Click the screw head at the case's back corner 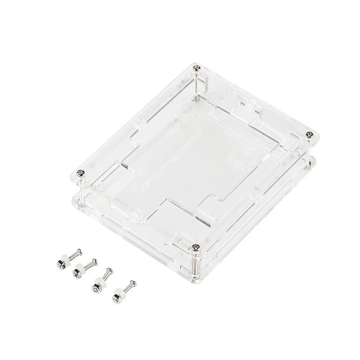coord(197,68)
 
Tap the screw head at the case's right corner coord(309,134)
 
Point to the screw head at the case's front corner coord(195,247)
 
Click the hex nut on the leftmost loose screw coord(59,262)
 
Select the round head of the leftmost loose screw coord(80,250)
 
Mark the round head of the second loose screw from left coord(95,261)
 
